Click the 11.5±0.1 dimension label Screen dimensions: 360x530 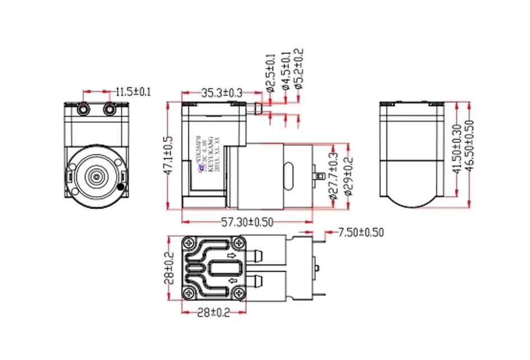133,91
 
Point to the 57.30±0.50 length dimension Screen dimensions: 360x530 247,222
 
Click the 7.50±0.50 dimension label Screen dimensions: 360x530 362,232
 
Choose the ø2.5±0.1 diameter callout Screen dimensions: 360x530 270,73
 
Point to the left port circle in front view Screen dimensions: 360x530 84,109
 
